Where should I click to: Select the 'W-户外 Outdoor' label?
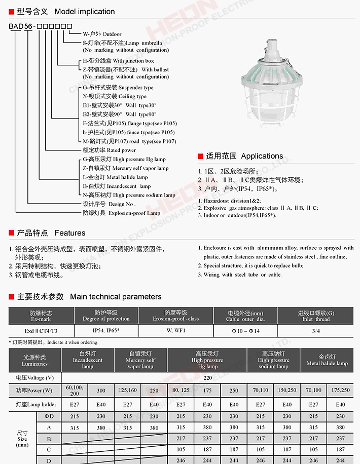click(102, 34)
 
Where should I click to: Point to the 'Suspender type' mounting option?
click(118, 88)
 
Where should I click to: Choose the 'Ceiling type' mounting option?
click(115, 96)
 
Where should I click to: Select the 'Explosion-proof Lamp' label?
click(121, 213)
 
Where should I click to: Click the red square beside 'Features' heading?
click(12, 233)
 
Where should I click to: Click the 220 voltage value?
click(207, 377)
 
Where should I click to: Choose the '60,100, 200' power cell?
click(75, 390)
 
